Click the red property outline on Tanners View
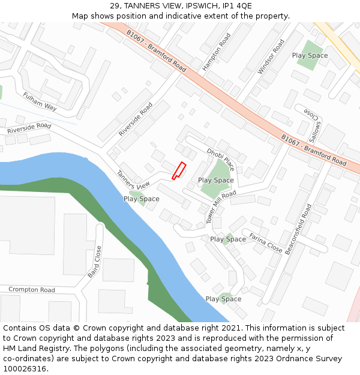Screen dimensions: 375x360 [x=179, y=171]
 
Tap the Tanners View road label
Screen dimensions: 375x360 [x=133, y=180]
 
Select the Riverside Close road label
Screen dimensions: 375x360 [x=136, y=119]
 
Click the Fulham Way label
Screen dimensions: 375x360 [x=40, y=101]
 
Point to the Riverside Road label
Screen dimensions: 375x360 [x=29, y=128]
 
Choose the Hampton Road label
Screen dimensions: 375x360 [x=217, y=52]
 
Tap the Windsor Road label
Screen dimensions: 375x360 [x=271, y=56]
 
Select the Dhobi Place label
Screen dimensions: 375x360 [x=220, y=159]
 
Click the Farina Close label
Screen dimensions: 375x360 [x=265, y=242]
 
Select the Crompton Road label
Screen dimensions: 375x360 [x=31, y=290]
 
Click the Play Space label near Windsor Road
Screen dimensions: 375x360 [x=310, y=55]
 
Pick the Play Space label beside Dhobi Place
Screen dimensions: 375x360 [x=216, y=180]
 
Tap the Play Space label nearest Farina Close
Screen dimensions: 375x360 [x=228, y=239]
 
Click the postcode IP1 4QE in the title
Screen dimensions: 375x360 [x=236, y=6]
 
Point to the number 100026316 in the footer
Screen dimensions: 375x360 [x=25, y=368]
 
